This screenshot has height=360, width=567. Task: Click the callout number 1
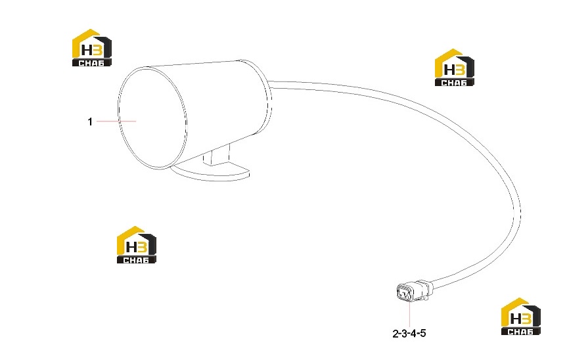pyautogui.click(x=90, y=122)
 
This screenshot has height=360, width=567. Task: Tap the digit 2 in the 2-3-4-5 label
pyautogui.click(x=396, y=333)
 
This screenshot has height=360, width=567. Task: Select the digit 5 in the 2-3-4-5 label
pyautogui.click(x=422, y=333)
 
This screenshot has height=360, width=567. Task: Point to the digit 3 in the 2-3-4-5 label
pyautogui.click(x=405, y=333)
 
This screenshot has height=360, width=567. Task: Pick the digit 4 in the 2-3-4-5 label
pyautogui.click(x=414, y=333)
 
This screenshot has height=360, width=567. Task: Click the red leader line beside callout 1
pyautogui.click(x=116, y=121)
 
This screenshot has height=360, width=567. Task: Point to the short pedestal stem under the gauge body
pyautogui.click(x=217, y=154)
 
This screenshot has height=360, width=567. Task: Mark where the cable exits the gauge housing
pyautogui.click(x=270, y=85)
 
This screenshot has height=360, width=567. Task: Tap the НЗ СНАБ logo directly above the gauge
pyautogui.click(x=92, y=48)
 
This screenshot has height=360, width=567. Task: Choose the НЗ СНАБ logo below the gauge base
pyautogui.click(x=136, y=244)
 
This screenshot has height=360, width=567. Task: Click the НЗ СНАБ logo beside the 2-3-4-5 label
pyautogui.click(x=521, y=316)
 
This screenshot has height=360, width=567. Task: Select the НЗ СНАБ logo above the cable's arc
pyautogui.click(x=454, y=67)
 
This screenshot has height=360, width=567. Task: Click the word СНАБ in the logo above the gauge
pyautogui.click(x=91, y=63)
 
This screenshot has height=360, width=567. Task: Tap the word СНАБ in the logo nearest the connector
pyautogui.click(x=520, y=332)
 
